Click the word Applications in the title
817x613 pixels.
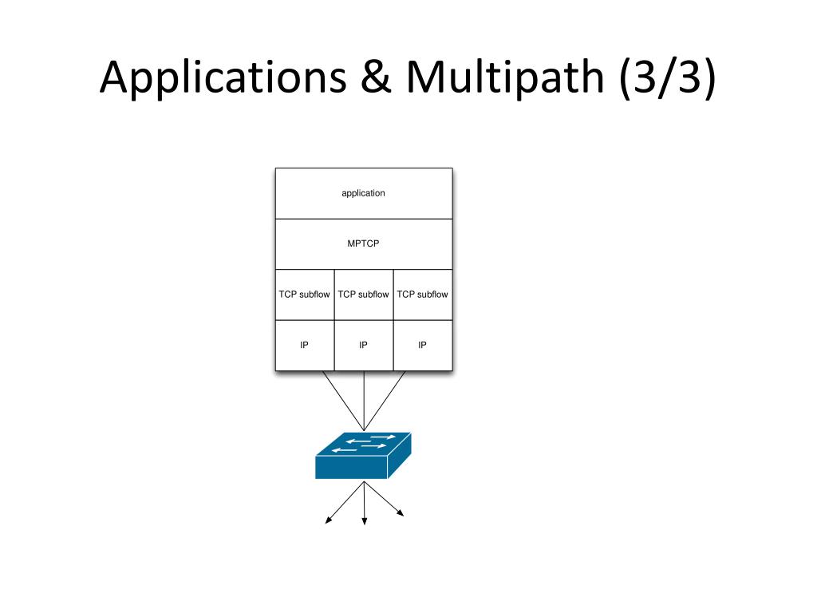tap(223, 77)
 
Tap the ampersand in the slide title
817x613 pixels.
tap(376, 77)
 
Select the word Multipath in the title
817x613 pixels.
tap(505, 77)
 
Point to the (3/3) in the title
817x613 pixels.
tap(668, 77)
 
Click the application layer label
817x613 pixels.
tap(363, 193)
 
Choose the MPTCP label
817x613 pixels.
tap(363, 243)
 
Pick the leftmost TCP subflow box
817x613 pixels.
tap(305, 295)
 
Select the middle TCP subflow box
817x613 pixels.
tap(364, 295)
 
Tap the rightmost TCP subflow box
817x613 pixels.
tap(423, 295)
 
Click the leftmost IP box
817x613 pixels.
tap(305, 345)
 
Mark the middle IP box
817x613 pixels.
tap(364, 345)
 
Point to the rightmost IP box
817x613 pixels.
tap(423, 345)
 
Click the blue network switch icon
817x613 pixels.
tap(363, 455)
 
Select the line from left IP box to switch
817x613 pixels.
tap(343, 401)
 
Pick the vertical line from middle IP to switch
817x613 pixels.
tap(364, 401)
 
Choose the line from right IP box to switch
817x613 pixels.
tap(385, 401)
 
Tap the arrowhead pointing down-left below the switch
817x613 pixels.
tap(328, 520)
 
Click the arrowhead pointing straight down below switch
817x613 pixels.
tap(364, 520)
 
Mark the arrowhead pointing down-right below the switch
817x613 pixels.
tap(401, 513)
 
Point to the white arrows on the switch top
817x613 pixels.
tap(364, 443)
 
